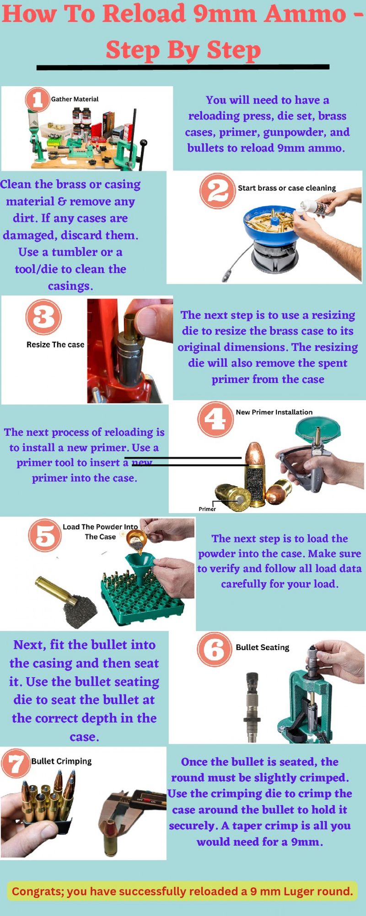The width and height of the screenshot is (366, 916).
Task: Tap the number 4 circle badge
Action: click(215, 418)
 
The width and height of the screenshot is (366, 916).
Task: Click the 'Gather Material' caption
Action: click(75, 99)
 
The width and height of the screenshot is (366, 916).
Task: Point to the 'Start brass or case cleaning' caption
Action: click(286, 188)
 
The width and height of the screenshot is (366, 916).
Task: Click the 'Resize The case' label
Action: click(55, 344)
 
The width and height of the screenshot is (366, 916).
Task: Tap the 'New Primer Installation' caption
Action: click(274, 412)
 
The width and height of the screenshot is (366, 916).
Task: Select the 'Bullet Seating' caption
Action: click(262, 647)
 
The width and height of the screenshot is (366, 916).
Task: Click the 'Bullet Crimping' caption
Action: click(61, 761)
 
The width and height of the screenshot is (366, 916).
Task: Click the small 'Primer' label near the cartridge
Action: click(207, 509)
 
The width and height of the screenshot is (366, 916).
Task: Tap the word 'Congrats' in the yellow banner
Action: click(37, 891)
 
